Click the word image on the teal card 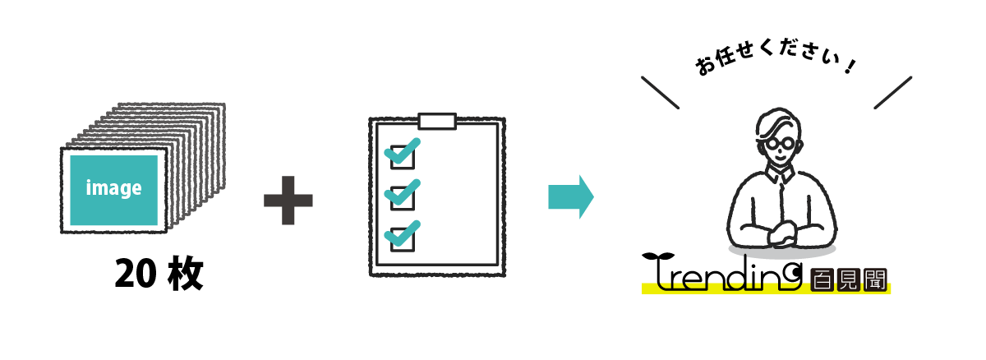pos(113,188)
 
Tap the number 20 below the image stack pos(136,274)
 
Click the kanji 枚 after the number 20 pos(186,274)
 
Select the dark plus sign pos(288,201)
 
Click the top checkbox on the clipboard pos(403,157)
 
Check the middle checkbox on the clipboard pos(403,198)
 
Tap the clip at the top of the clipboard pos(437,122)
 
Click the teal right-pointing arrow pos(571,197)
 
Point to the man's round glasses pos(780,145)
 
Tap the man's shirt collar pos(780,173)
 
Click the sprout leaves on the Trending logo pos(658,256)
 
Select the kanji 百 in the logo pos(822,279)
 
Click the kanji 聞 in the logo pos(875,279)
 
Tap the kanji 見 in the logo pos(848,279)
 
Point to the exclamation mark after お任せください pos(850,67)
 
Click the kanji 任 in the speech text pos(724,58)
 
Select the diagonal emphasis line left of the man pos(661,92)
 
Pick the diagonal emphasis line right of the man pos(892,92)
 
